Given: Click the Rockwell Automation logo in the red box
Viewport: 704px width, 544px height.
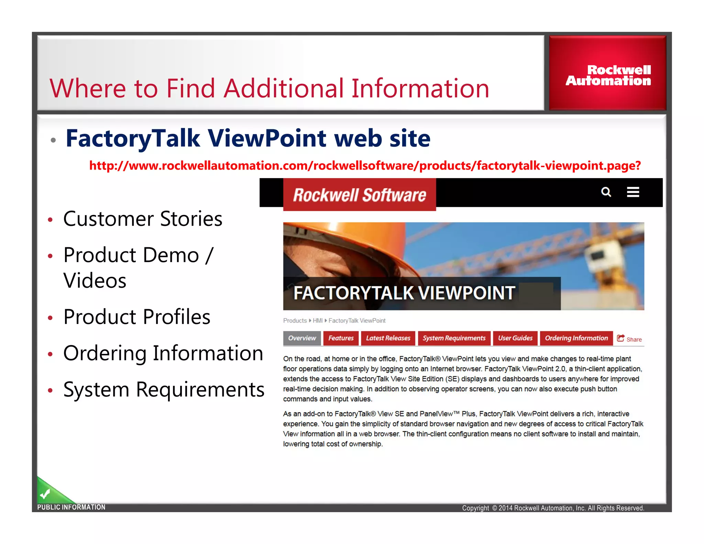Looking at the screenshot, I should [x=608, y=75].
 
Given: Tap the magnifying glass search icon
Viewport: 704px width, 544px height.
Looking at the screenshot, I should [x=606, y=192].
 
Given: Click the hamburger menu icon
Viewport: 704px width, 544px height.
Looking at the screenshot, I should [x=633, y=192].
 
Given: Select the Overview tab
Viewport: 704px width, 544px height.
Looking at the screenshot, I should [x=302, y=338].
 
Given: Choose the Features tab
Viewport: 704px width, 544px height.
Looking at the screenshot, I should [x=341, y=338].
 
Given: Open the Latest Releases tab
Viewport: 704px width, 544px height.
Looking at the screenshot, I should [x=388, y=338].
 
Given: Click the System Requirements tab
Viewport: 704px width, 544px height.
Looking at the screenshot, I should [x=454, y=338].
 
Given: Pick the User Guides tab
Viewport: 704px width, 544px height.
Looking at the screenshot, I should [x=515, y=338].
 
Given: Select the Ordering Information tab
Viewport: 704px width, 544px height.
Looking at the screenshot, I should [x=576, y=338].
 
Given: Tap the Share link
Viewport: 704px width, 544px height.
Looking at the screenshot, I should [x=630, y=339].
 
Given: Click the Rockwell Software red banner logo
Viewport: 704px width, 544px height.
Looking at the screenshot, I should [x=360, y=195].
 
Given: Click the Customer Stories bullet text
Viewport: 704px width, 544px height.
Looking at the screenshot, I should [x=143, y=219].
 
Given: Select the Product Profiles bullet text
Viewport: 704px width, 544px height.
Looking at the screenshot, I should [x=137, y=317].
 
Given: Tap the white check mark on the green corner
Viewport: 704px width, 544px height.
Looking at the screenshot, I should [x=45, y=494].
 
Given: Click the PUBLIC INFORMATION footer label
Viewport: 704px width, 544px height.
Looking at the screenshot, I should [x=71, y=507].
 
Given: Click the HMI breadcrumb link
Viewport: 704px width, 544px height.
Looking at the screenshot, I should [x=317, y=320].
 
